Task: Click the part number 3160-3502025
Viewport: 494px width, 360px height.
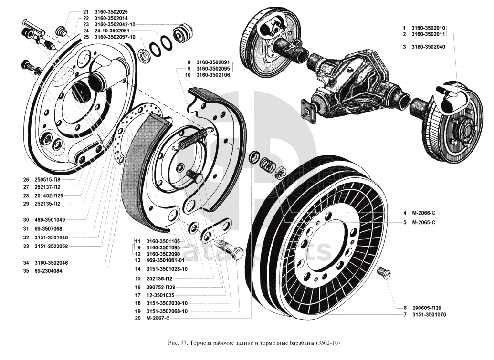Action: point(111,11)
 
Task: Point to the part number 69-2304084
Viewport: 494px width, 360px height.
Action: point(48,271)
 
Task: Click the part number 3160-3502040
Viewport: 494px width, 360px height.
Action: point(428,47)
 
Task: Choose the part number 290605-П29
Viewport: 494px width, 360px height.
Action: point(426,308)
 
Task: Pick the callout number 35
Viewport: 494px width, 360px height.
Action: point(26,271)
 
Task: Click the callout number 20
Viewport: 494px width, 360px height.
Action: point(137,318)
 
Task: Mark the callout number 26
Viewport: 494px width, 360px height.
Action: point(26,180)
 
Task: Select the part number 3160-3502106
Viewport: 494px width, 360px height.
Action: point(213,75)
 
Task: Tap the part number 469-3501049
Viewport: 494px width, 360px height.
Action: point(50,220)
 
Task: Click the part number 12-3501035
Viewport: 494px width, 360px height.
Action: point(160,295)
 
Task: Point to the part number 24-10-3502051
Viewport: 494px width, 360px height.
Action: point(113,31)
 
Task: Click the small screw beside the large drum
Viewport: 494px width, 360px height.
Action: point(383,273)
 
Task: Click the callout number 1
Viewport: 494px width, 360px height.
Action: point(404,28)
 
